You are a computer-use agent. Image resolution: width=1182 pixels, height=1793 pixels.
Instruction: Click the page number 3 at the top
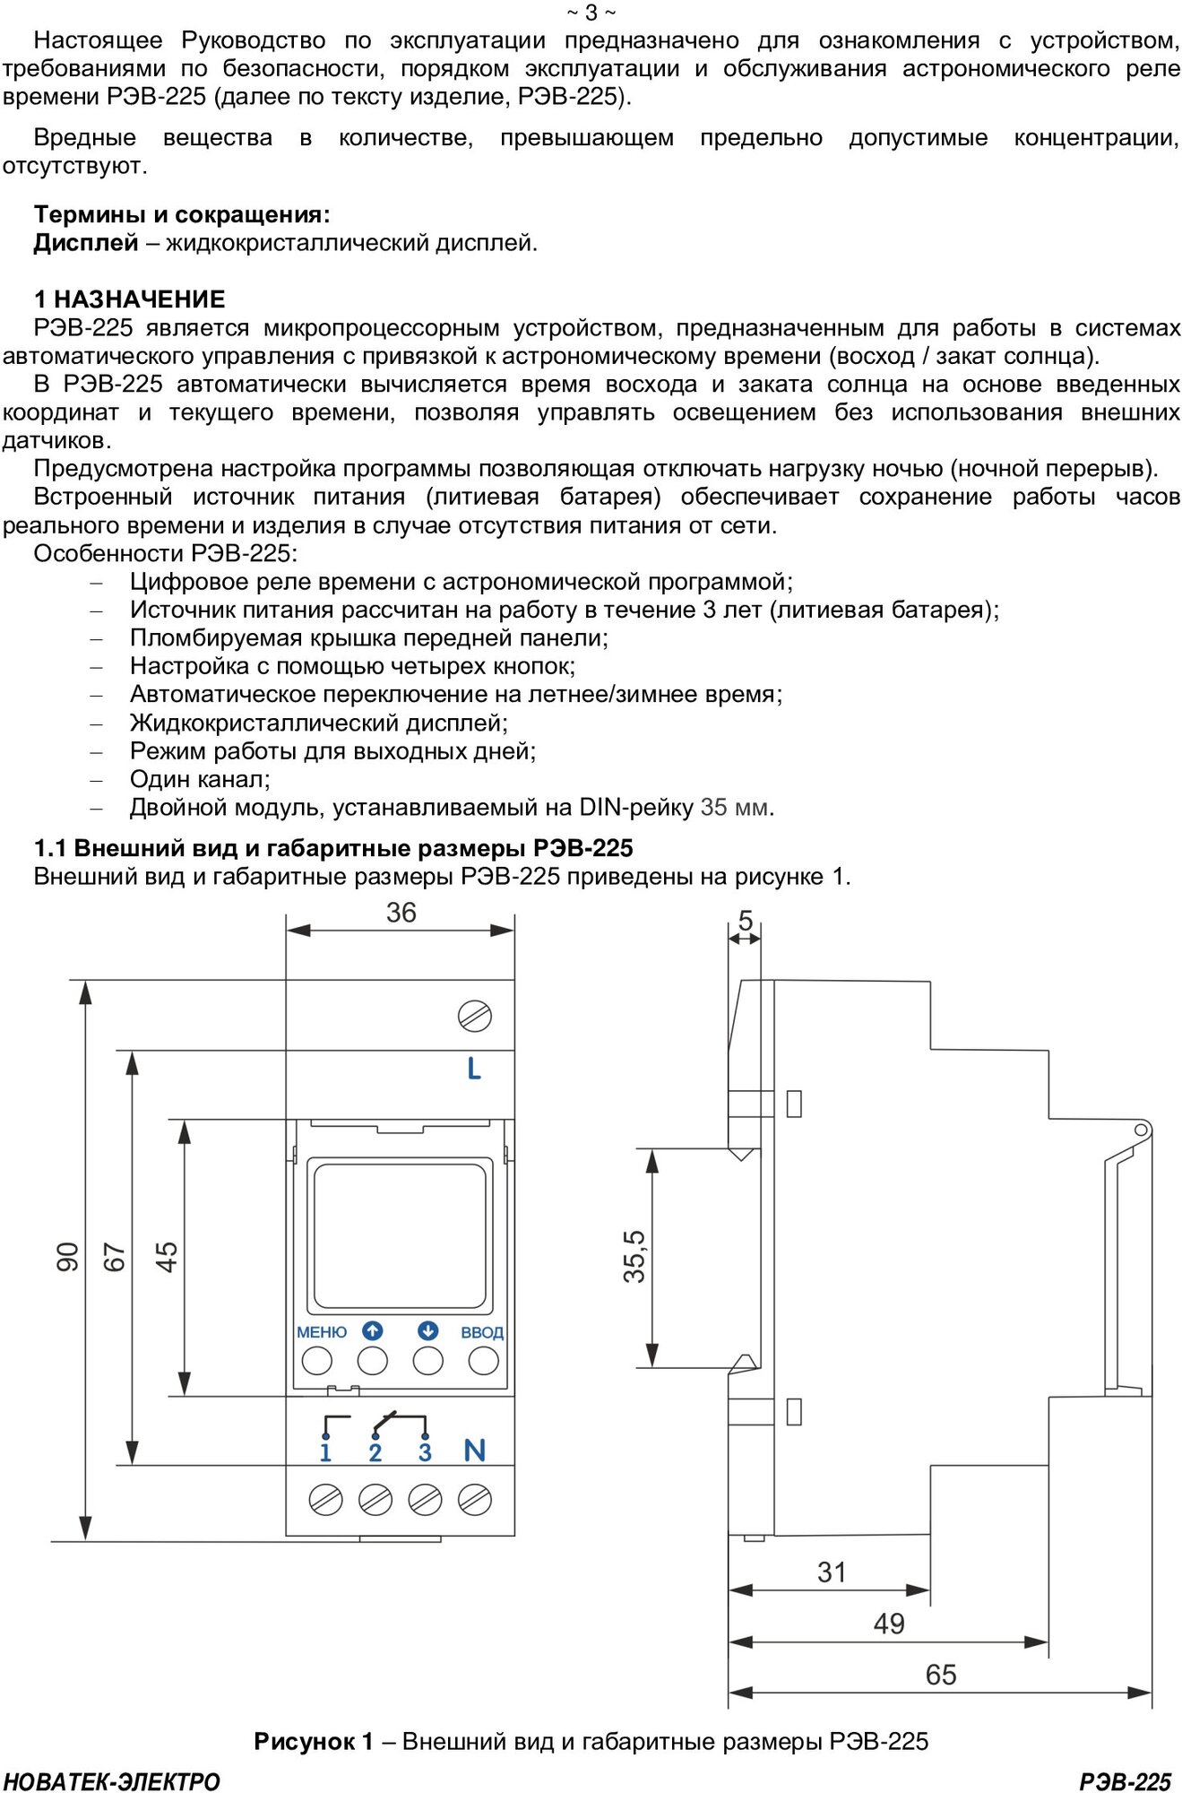pos(591,13)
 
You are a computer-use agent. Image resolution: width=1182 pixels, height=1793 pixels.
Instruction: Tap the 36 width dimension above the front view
pos(401,913)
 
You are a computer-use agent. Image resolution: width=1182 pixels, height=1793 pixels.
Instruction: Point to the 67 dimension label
pos(115,1257)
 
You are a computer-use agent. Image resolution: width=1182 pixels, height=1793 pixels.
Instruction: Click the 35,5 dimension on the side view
pos(634,1256)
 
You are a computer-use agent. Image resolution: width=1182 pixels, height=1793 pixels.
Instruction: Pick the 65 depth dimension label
pos(941,1675)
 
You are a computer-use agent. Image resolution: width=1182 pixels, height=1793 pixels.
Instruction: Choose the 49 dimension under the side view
pos(889,1624)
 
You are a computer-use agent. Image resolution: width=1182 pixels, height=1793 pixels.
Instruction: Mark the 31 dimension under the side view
pos(832,1572)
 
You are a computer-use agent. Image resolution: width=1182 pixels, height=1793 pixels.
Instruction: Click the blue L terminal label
pos(474,1068)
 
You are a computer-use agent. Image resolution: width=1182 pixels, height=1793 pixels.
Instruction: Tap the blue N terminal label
pos(475,1451)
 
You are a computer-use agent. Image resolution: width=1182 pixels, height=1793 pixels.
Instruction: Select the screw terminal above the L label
pos(474,1016)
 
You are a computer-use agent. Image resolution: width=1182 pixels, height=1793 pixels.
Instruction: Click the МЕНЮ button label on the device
pos(322,1332)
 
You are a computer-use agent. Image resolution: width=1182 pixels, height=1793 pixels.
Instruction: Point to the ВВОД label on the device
pos(482,1333)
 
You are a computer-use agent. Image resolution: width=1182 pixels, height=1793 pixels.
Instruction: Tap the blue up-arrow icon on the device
pos(373,1331)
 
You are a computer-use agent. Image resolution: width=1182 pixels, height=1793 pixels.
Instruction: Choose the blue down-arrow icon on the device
pos(427,1331)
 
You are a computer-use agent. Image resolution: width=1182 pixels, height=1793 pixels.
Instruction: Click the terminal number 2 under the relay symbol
pos(375,1452)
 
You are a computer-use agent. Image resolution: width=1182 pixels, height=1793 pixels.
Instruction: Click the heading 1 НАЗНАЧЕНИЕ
pos(130,299)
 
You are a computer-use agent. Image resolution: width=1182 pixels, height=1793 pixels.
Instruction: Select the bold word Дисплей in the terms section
pos(86,243)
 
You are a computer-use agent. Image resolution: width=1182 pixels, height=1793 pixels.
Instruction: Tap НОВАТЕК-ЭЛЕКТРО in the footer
pos(112,1781)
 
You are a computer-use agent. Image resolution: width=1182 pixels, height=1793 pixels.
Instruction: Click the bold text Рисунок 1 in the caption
pos(313,1741)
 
